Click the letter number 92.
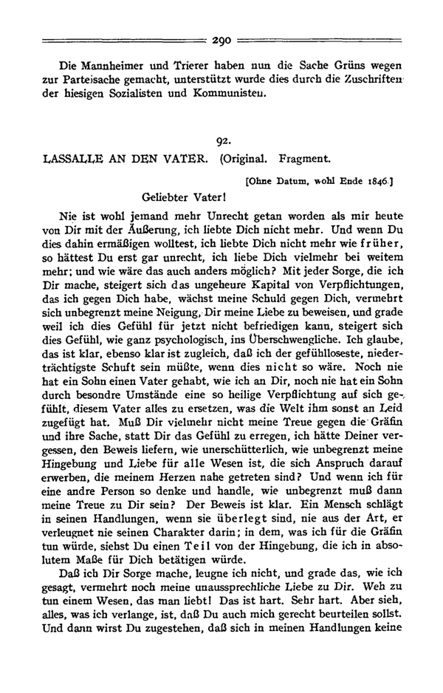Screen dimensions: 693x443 (221, 140)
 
